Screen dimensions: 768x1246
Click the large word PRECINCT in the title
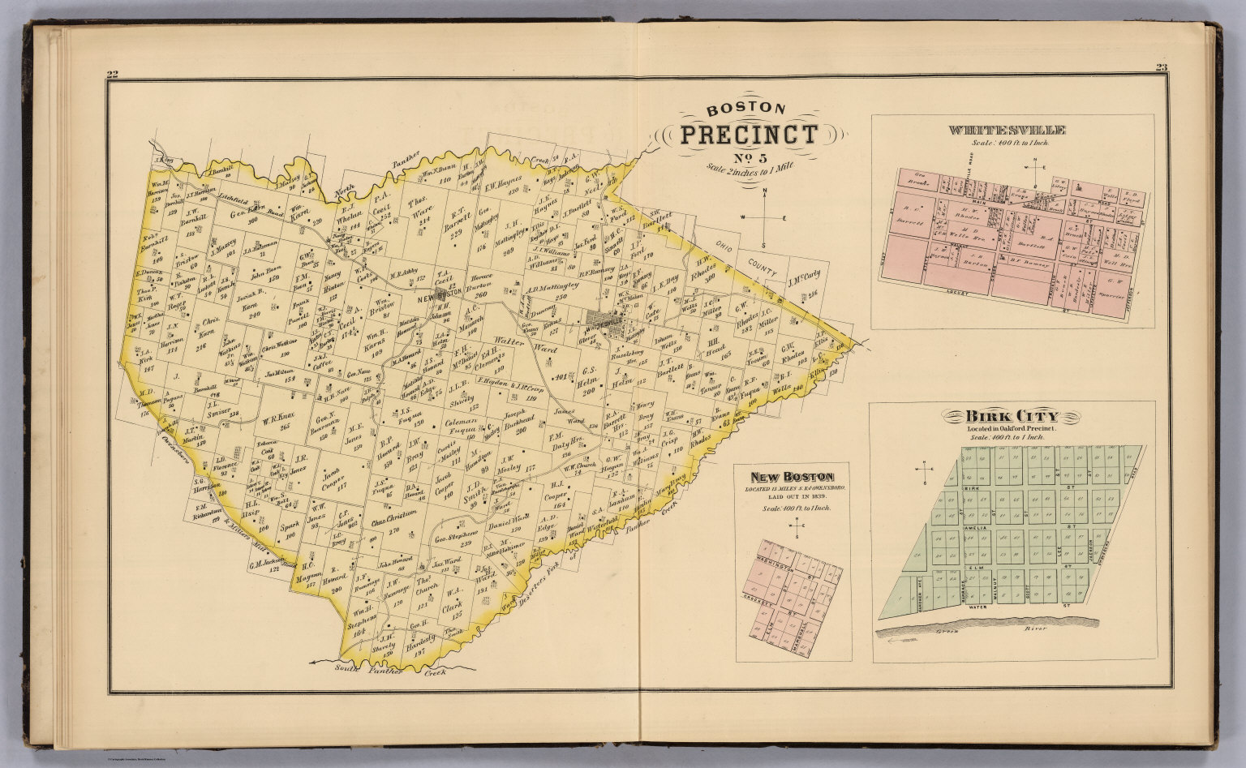point(748,135)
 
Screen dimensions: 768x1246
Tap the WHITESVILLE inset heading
point(1006,130)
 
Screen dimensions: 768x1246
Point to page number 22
point(113,75)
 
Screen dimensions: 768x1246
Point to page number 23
point(1161,68)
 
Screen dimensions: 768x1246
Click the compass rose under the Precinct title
point(763,217)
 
